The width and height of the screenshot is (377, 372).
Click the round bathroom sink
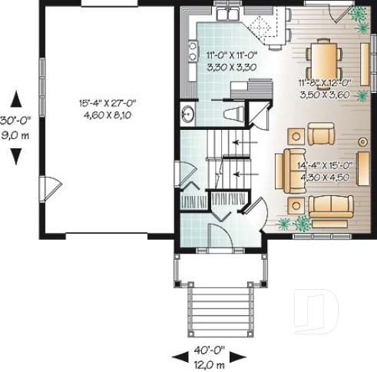pyautogui.click(x=187, y=115)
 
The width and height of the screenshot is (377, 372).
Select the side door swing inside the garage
pyautogui.click(x=48, y=185)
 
